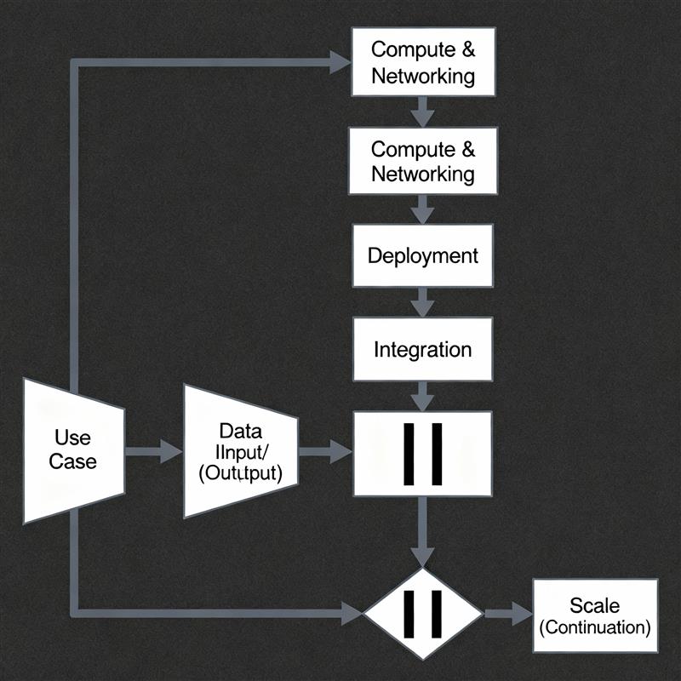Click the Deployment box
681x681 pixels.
pyautogui.click(x=422, y=255)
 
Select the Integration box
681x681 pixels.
pyautogui.click(x=422, y=349)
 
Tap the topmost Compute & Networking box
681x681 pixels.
pyautogui.click(x=422, y=63)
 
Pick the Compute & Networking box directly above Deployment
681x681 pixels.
pyautogui.click(x=422, y=162)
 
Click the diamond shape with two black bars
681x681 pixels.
pyautogui.click(x=422, y=612)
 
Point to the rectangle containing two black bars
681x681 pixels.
pyautogui.click(x=422, y=453)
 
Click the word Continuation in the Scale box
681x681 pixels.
pyautogui.click(x=595, y=628)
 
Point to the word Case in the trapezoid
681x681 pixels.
pyautogui.click(x=73, y=461)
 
